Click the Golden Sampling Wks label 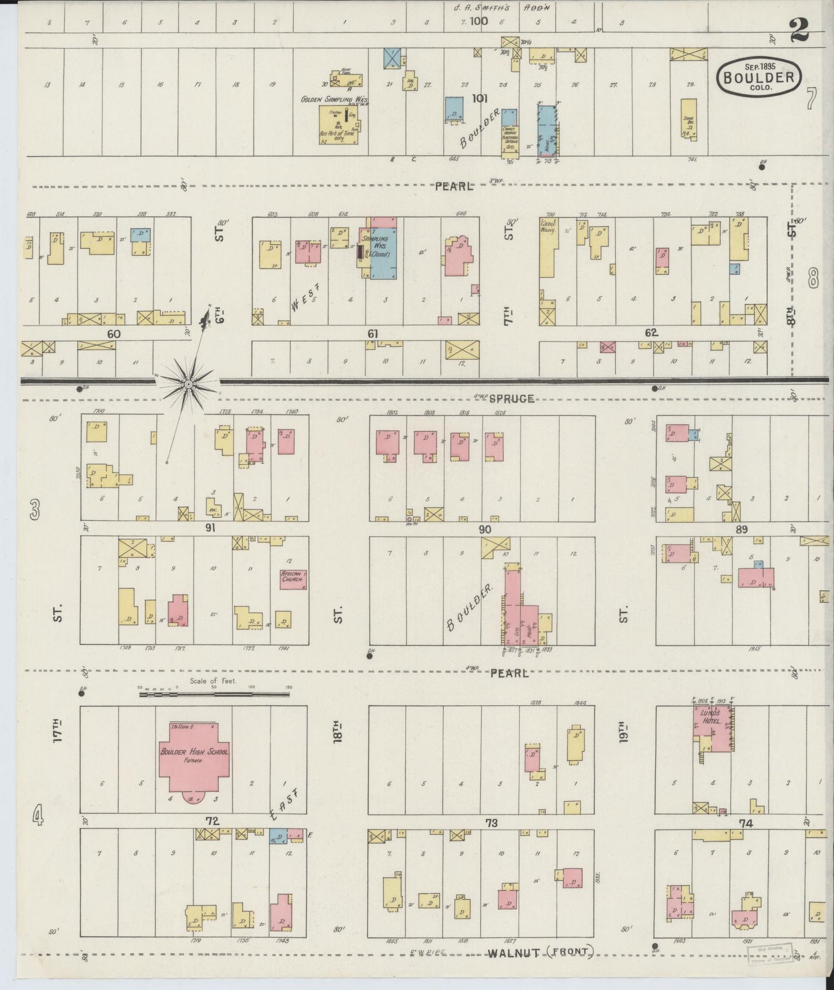coord(334,99)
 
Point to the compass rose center coord(189,384)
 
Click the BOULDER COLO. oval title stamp coord(760,75)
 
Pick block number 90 coord(484,529)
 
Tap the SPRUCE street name coord(511,399)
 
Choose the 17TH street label coord(57,730)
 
